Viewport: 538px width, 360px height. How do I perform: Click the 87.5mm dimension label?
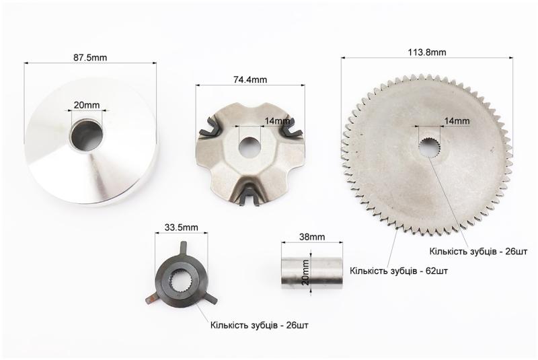(90, 57)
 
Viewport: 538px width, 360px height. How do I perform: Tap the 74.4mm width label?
(250, 79)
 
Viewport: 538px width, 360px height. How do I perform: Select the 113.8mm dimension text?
(427, 52)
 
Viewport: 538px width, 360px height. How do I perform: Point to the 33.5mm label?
(181, 227)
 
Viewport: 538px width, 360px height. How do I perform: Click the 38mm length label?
(312, 237)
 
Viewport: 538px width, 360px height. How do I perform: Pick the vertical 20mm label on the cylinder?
(305, 272)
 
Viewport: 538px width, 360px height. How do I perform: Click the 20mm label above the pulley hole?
(87, 105)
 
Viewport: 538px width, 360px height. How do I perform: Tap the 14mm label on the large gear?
(457, 121)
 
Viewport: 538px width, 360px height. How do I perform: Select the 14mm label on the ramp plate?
(277, 121)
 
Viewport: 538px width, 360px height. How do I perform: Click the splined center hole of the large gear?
(429, 147)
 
